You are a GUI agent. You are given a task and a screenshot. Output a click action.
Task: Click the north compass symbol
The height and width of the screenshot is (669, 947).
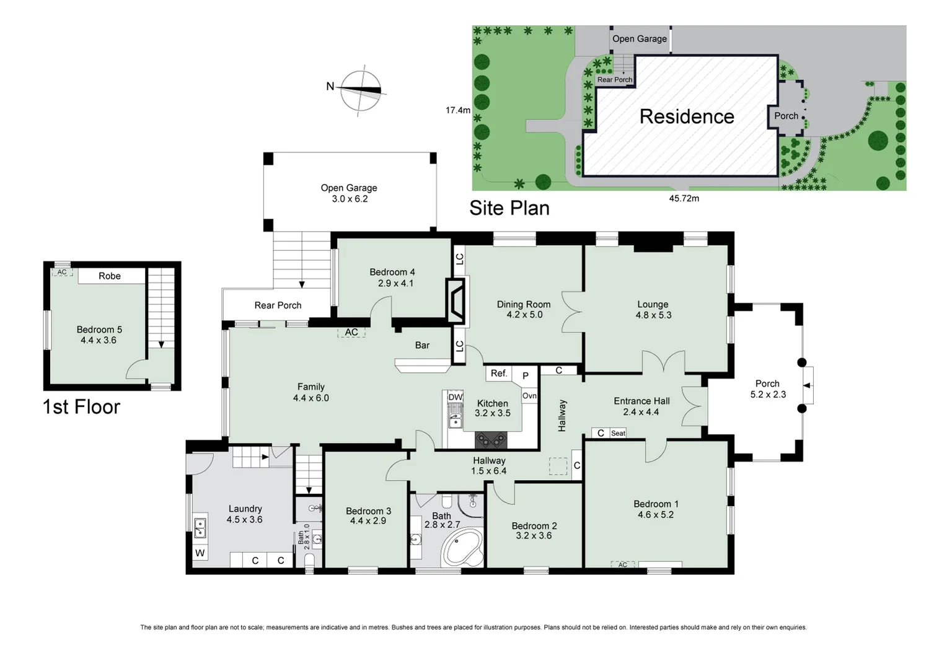pos(361,90)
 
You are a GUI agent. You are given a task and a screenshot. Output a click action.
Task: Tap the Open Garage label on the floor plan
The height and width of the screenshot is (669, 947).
pos(349,193)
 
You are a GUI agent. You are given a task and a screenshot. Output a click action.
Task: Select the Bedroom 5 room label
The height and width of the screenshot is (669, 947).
pos(99,334)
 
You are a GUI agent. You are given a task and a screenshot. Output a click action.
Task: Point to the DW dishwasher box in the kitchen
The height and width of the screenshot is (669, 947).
pos(456,397)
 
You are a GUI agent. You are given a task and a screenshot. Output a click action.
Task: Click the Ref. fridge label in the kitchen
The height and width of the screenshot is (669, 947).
pos(499,373)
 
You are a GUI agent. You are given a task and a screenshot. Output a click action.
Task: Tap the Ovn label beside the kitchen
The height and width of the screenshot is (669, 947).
pos(529,396)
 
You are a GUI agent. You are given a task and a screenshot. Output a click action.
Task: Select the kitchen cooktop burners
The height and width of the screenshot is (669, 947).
pos(491,440)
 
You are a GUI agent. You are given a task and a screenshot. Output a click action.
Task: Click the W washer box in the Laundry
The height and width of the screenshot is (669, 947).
pos(200,553)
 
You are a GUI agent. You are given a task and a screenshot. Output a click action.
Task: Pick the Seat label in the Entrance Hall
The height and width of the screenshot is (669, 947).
pos(618,433)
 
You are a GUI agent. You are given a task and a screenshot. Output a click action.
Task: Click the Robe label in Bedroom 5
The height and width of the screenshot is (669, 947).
pos(110,276)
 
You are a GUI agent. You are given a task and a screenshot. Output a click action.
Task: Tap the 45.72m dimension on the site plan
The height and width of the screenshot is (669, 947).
pos(684,198)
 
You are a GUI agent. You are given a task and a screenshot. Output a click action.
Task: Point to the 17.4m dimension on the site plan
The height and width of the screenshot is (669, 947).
pos(458,110)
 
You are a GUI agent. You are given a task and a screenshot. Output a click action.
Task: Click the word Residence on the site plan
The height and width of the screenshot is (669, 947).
pos(687,116)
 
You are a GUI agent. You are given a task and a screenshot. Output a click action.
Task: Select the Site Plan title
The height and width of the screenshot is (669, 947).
pos(509,208)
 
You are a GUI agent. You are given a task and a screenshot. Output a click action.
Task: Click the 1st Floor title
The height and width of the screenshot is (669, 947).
pos(81,407)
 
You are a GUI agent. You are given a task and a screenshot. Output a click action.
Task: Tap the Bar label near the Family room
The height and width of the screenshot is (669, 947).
pos(422,345)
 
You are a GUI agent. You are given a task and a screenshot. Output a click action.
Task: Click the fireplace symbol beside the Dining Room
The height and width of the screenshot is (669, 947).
pos(456,300)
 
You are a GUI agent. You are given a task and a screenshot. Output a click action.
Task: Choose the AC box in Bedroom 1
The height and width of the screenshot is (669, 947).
pos(623,564)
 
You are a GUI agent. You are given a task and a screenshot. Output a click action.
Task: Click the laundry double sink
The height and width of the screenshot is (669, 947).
pos(200,528)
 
